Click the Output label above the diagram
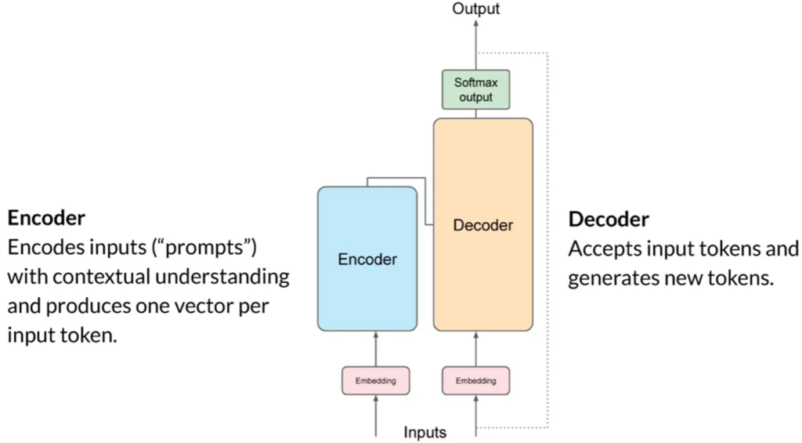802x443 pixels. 475,9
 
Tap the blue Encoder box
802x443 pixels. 367,259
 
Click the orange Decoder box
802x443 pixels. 483,225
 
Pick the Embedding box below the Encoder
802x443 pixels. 376,381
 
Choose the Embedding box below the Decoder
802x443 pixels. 476,381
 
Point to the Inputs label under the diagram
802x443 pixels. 425,432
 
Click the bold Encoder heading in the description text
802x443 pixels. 46,217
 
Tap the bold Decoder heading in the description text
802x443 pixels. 609,219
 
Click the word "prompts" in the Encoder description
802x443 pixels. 208,247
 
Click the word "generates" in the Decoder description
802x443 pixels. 618,278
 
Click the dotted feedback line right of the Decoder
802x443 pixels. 547,235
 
